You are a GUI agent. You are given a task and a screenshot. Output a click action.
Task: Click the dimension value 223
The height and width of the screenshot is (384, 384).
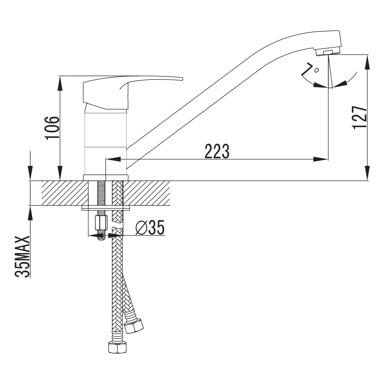pyautogui.click(x=217, y=151)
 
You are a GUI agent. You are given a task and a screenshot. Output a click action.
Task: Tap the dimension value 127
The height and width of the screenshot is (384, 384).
pyautogui.click(x=359, y=117)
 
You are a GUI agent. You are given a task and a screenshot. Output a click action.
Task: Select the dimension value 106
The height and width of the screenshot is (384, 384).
pyautogui.click(x=52, y=127)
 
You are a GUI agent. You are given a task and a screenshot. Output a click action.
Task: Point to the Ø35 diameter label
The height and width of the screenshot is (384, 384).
pyautogui.click(x=150, y=227)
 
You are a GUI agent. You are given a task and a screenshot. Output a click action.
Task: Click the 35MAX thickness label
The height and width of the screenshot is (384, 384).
pyautogui.click(x=23, y=257)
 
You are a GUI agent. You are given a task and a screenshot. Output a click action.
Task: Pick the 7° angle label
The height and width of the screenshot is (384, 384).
pyautogui.click(x=310, y=69)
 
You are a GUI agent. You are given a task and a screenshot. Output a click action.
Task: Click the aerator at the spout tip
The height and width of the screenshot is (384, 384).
pyautogui.click(x=328, y=52)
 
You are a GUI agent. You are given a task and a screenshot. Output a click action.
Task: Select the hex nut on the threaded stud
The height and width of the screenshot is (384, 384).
pyautogui.click(x=101, y=222)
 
